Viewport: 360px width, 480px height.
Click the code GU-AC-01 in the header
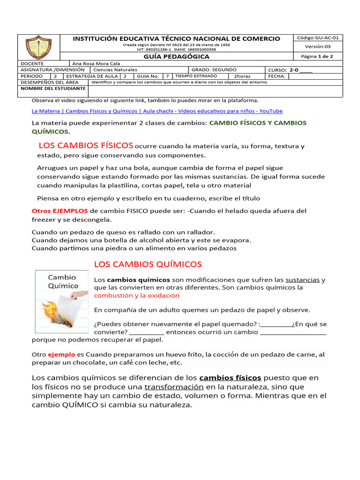point(317,37)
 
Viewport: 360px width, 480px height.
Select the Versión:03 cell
point(317,46)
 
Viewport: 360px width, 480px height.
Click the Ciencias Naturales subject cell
point(115,69)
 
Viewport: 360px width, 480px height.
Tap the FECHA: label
point(277,75)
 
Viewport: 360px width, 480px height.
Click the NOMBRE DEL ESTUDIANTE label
point(52,88)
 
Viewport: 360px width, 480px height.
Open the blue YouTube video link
point(157,111)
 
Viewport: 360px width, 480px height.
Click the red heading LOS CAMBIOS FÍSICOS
point(86,145)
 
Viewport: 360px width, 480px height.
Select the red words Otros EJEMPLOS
point(60,211)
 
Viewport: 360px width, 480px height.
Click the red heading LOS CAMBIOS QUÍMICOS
point(148,264)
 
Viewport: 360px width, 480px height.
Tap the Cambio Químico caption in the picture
point(63,282)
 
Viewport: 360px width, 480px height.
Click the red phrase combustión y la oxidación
point(137,296)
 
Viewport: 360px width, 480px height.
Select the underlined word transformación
point(174,387)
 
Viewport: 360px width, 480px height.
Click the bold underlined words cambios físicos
point(230,378)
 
